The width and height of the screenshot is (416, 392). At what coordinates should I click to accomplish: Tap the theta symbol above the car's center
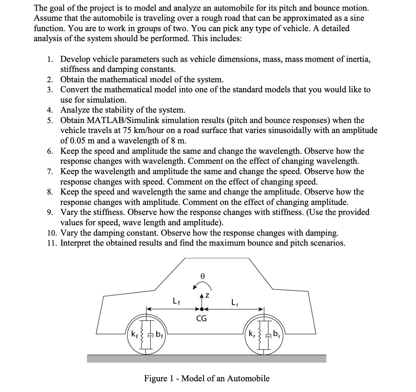point(202,276)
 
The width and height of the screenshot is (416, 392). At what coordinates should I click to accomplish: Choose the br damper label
point(275,337)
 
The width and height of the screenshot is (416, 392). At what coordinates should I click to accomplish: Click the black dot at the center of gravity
point(201,308)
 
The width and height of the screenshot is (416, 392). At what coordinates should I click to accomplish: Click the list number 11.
point(51,243)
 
